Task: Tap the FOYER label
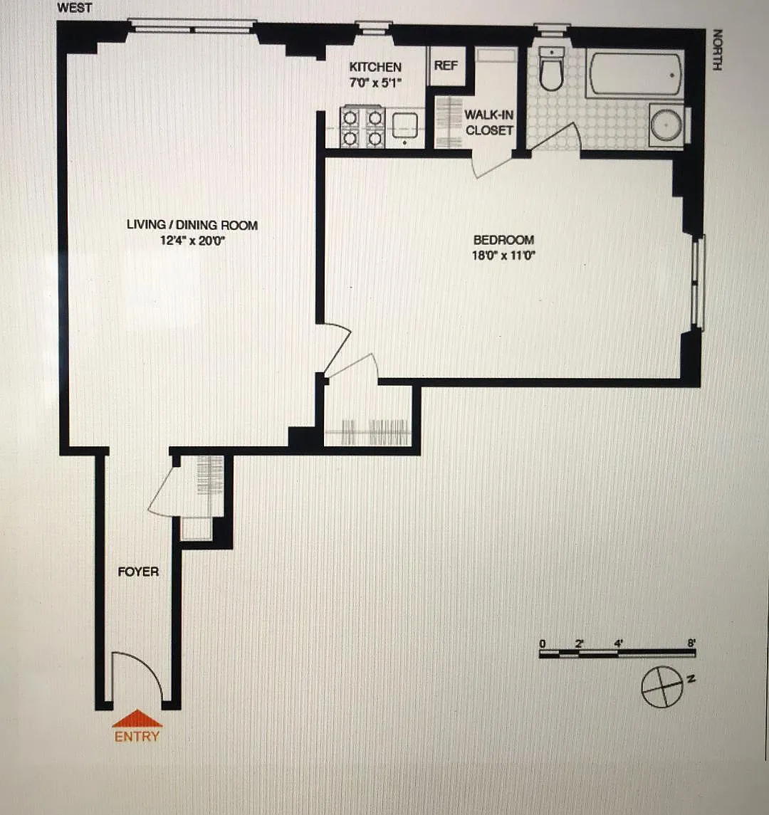[138, 572]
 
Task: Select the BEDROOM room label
[503, 240]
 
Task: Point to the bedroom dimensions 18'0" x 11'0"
[503, 256]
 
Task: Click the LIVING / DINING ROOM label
[192, 225]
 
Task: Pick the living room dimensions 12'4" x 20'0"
[192, 241]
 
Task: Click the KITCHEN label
[375, 67]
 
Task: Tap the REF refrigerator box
[446, 66]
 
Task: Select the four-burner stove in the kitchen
[362, 127]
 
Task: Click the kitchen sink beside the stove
[405, 126]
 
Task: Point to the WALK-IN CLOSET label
[489, 122]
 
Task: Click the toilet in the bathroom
[551, 69]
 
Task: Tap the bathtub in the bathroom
[634, 73]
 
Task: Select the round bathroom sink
[666, 125]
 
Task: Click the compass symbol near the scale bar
[662, 687]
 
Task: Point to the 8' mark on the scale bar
[691, 643]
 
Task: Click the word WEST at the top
[74, 8]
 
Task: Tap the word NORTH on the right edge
[717, 50]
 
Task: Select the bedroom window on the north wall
[699, 283]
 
